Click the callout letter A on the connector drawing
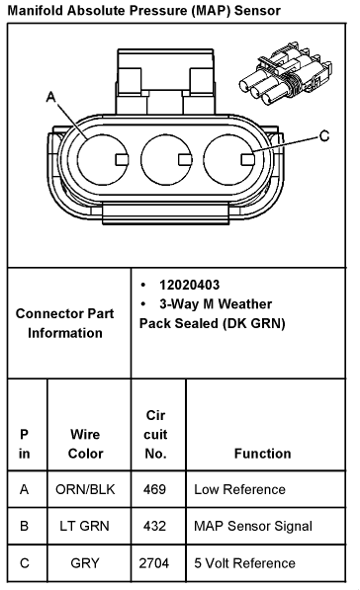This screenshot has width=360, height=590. pyautogui.click(x=50, y=97)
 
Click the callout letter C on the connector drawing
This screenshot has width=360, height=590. pyautogui.click(x=324, y=135)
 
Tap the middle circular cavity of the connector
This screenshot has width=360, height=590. pyautogui.click(x=166, y=159)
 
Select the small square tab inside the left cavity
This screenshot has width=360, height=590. pyautogui.click(x=122, y=159)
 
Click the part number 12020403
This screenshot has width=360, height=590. pyautogui.click(x=189, y=285)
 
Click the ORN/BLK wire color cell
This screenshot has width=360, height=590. pyautogui.click(x=85, y=489)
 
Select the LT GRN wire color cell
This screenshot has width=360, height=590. pyautogui.click(x=84, y=526)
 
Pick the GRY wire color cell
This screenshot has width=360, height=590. pyautogui.click(x=85, y=563)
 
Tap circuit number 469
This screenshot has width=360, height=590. pyautogui.click(x=154, y=489)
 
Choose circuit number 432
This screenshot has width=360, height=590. pyautogui.click(x=154, y=526)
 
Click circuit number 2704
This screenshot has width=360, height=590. pyautogui.click(x=154, y=563)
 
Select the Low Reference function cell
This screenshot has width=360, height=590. pyautogui.click(x=239, y=489)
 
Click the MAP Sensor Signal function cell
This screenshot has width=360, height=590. pyautogui.click(x=253, y=526)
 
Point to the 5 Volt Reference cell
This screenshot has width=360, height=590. pyautogui.click(x=244, y=563)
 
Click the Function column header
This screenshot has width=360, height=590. pyautogui.click(x=262, y=454)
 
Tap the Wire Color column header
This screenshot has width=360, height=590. pyautogui.click(x=85, y=444)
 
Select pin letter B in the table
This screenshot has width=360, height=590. pyautogui.click(x=24, y=526)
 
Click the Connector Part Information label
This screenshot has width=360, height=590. pyautogui.click(x=64, y=323)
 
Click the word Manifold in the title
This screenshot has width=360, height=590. pyautogui.click(x=36, y=10)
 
